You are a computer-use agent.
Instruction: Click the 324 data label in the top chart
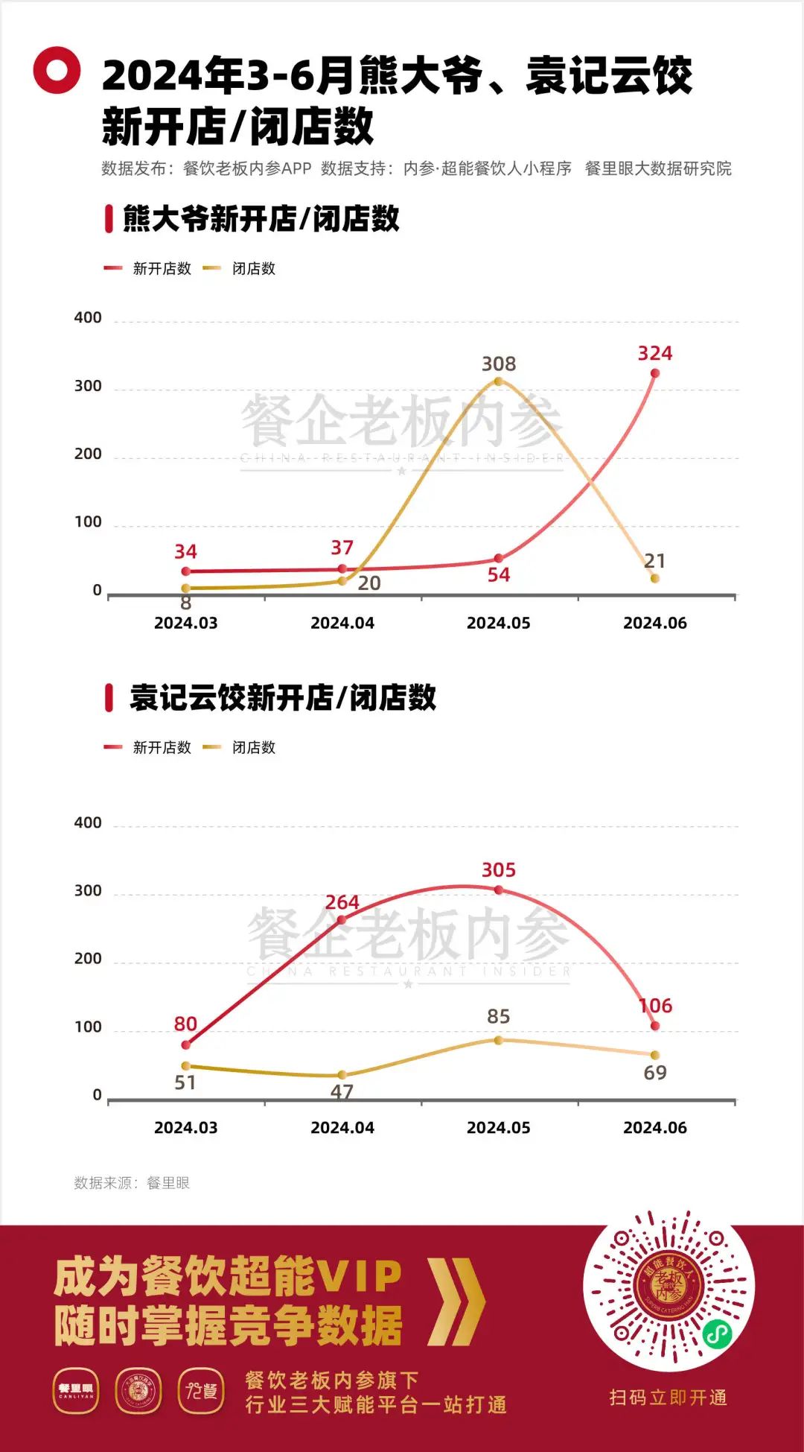coord(654,353)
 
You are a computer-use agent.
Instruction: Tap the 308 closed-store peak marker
coord(499,381)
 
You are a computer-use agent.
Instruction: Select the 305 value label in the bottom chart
coord(498,869)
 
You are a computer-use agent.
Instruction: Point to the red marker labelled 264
coord(342,919)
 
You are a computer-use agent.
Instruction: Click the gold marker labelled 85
coord(499,1040)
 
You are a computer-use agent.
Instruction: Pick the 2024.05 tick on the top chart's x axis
coord(498,623)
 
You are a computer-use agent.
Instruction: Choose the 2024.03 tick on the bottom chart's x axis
coord(185,1127)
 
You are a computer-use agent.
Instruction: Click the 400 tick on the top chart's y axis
coord(88,317)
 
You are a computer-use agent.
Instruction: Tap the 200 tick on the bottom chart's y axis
coord(88,958)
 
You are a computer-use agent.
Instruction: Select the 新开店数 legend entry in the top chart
coord(148,268)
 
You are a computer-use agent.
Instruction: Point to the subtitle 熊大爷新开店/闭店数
coord(261,219)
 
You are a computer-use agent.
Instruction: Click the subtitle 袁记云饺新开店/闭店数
coord(282,697)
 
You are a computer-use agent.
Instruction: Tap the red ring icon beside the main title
coord(57,70)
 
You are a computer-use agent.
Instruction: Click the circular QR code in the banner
coord(668,1290)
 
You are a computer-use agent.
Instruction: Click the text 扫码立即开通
coord(668,1398)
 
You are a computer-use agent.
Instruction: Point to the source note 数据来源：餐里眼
coord(132,1183)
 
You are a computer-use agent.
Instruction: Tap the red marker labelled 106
coord(655,1026)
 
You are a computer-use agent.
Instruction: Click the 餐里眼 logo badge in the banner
coord(76,1390)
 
